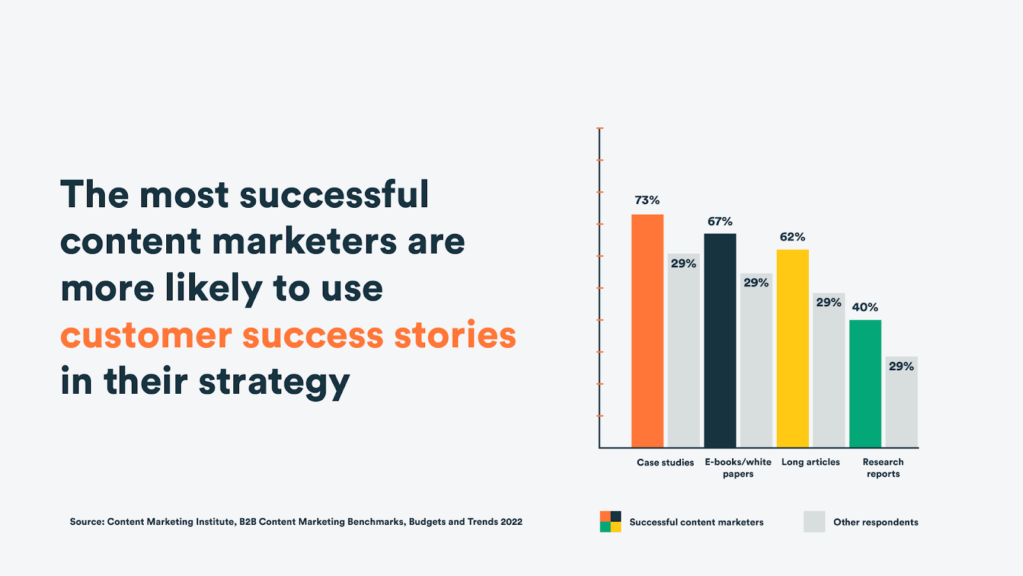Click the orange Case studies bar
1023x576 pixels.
(x=647, y=331)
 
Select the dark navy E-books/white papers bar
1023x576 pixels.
(x=720, y=340)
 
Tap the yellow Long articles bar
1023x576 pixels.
(x=792, y=348)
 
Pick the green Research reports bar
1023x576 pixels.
(x=865, y=384)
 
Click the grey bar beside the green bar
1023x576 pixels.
(x=902, y=402)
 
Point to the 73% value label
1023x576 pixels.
(x=647, y=200)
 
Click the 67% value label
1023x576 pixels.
(x=720, y=222)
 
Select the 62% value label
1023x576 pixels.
(x=792, y=237)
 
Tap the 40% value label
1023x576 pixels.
(x=865, y=307)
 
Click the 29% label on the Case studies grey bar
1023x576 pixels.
(x=683, y=263)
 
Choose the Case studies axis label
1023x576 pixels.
(x=666, y=463)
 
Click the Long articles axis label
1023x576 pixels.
(x=811, y=462)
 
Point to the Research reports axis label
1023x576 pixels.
(x=883, y=468)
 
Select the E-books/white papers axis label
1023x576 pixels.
(x=738, y=468)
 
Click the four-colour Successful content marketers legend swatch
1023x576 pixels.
(x=611, y=522)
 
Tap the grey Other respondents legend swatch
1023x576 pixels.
(x=815, y=522)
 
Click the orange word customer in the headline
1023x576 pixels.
(x=146, y=335)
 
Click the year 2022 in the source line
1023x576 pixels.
(x=511, y=522)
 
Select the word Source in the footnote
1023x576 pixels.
(x=87, y=522)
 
